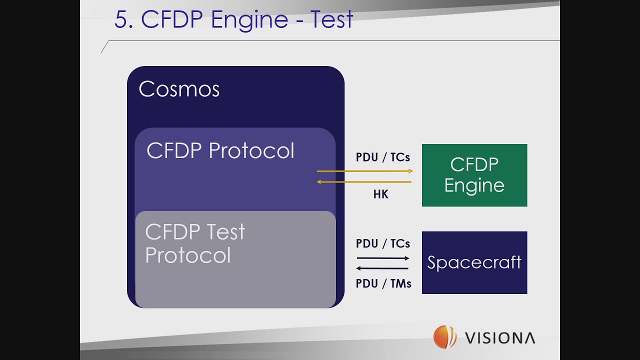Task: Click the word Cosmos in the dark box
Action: click(x=179, y=89)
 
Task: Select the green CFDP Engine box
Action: click(x=474, y=175)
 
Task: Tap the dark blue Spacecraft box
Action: click(x=474, y=262)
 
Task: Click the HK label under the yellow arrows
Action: click(x=380, y=194)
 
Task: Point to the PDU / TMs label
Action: click(x=383, y=283)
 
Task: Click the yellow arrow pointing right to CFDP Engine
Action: click(x=365, y=171)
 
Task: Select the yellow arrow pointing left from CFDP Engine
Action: click(x=365, y=182)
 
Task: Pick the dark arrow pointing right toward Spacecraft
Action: click(x=383, y=258)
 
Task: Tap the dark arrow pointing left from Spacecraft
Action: click(x=383, y=268)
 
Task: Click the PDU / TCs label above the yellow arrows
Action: click(x=383, y=157)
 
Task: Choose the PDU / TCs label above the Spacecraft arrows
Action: click(x=383, y=243)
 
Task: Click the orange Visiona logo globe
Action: click(x=444, y=336)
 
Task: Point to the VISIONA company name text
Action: click(x=500, y=338)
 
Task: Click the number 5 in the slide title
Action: click(x=120, y=20)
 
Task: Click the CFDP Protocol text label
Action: click(x=220, y=151)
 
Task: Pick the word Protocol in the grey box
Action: click(x=188, y=255)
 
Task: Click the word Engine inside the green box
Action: click(x=474, y=185)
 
